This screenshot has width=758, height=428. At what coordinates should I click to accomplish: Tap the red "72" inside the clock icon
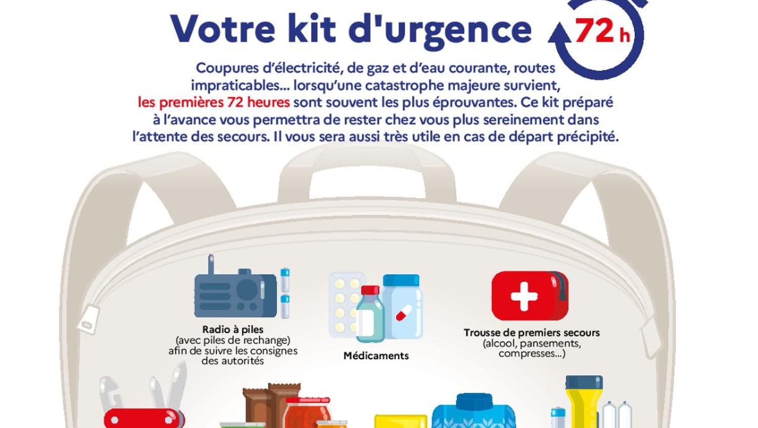[x=595, y=30]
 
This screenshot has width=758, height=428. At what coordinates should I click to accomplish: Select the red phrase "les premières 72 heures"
[x=214, y=102]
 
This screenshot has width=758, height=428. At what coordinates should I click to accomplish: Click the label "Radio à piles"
[x=233, y=329]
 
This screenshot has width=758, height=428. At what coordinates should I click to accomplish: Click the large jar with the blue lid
[x=403, y=306]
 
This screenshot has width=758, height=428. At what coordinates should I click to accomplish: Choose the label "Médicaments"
[x=376, y=356]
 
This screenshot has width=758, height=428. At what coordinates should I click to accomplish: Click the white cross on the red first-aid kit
[x=524, y=297]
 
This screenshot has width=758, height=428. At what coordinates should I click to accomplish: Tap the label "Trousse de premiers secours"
[x=532, y=332]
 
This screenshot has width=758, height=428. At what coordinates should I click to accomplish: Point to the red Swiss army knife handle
[x=144, y=419]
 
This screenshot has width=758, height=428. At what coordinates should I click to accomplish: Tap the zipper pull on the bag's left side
[x=88, y=319]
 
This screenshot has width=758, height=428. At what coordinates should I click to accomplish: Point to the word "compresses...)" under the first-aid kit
[x=532, y=354]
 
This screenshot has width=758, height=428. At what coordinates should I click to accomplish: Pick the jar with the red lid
[x=307, y=413]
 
